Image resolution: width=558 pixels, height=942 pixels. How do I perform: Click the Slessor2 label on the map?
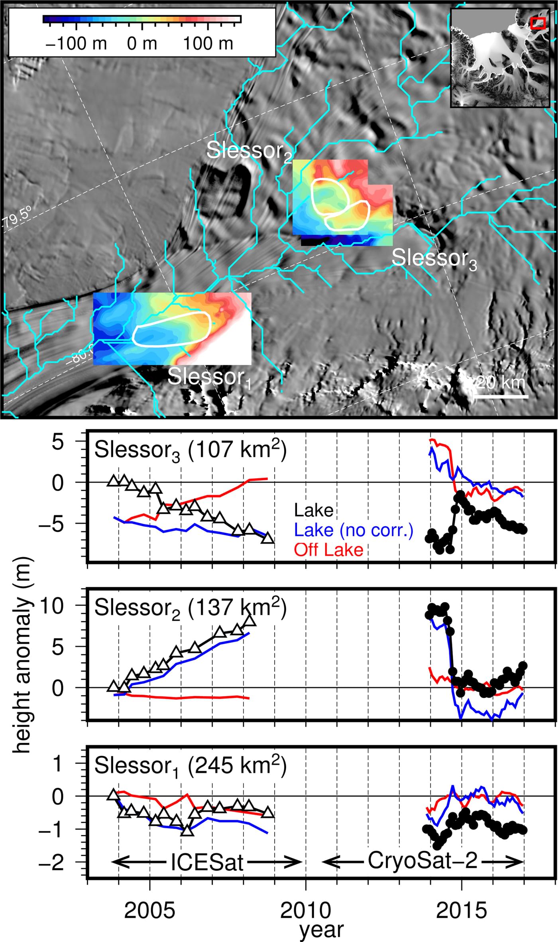pos(249,151)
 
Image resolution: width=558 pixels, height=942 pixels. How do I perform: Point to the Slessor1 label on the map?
pos(209,377)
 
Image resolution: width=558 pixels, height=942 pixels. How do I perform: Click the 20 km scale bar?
pos(501,396)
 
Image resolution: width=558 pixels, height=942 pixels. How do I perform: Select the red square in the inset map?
pos(538,23)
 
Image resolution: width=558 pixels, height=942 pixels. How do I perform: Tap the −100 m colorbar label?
pos(76,43)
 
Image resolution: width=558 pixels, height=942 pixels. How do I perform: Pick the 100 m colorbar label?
pos(208,43)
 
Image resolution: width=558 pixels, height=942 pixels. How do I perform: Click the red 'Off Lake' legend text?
pos(328,550)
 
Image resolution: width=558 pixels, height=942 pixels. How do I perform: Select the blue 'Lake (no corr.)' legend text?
pos(353,530)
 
